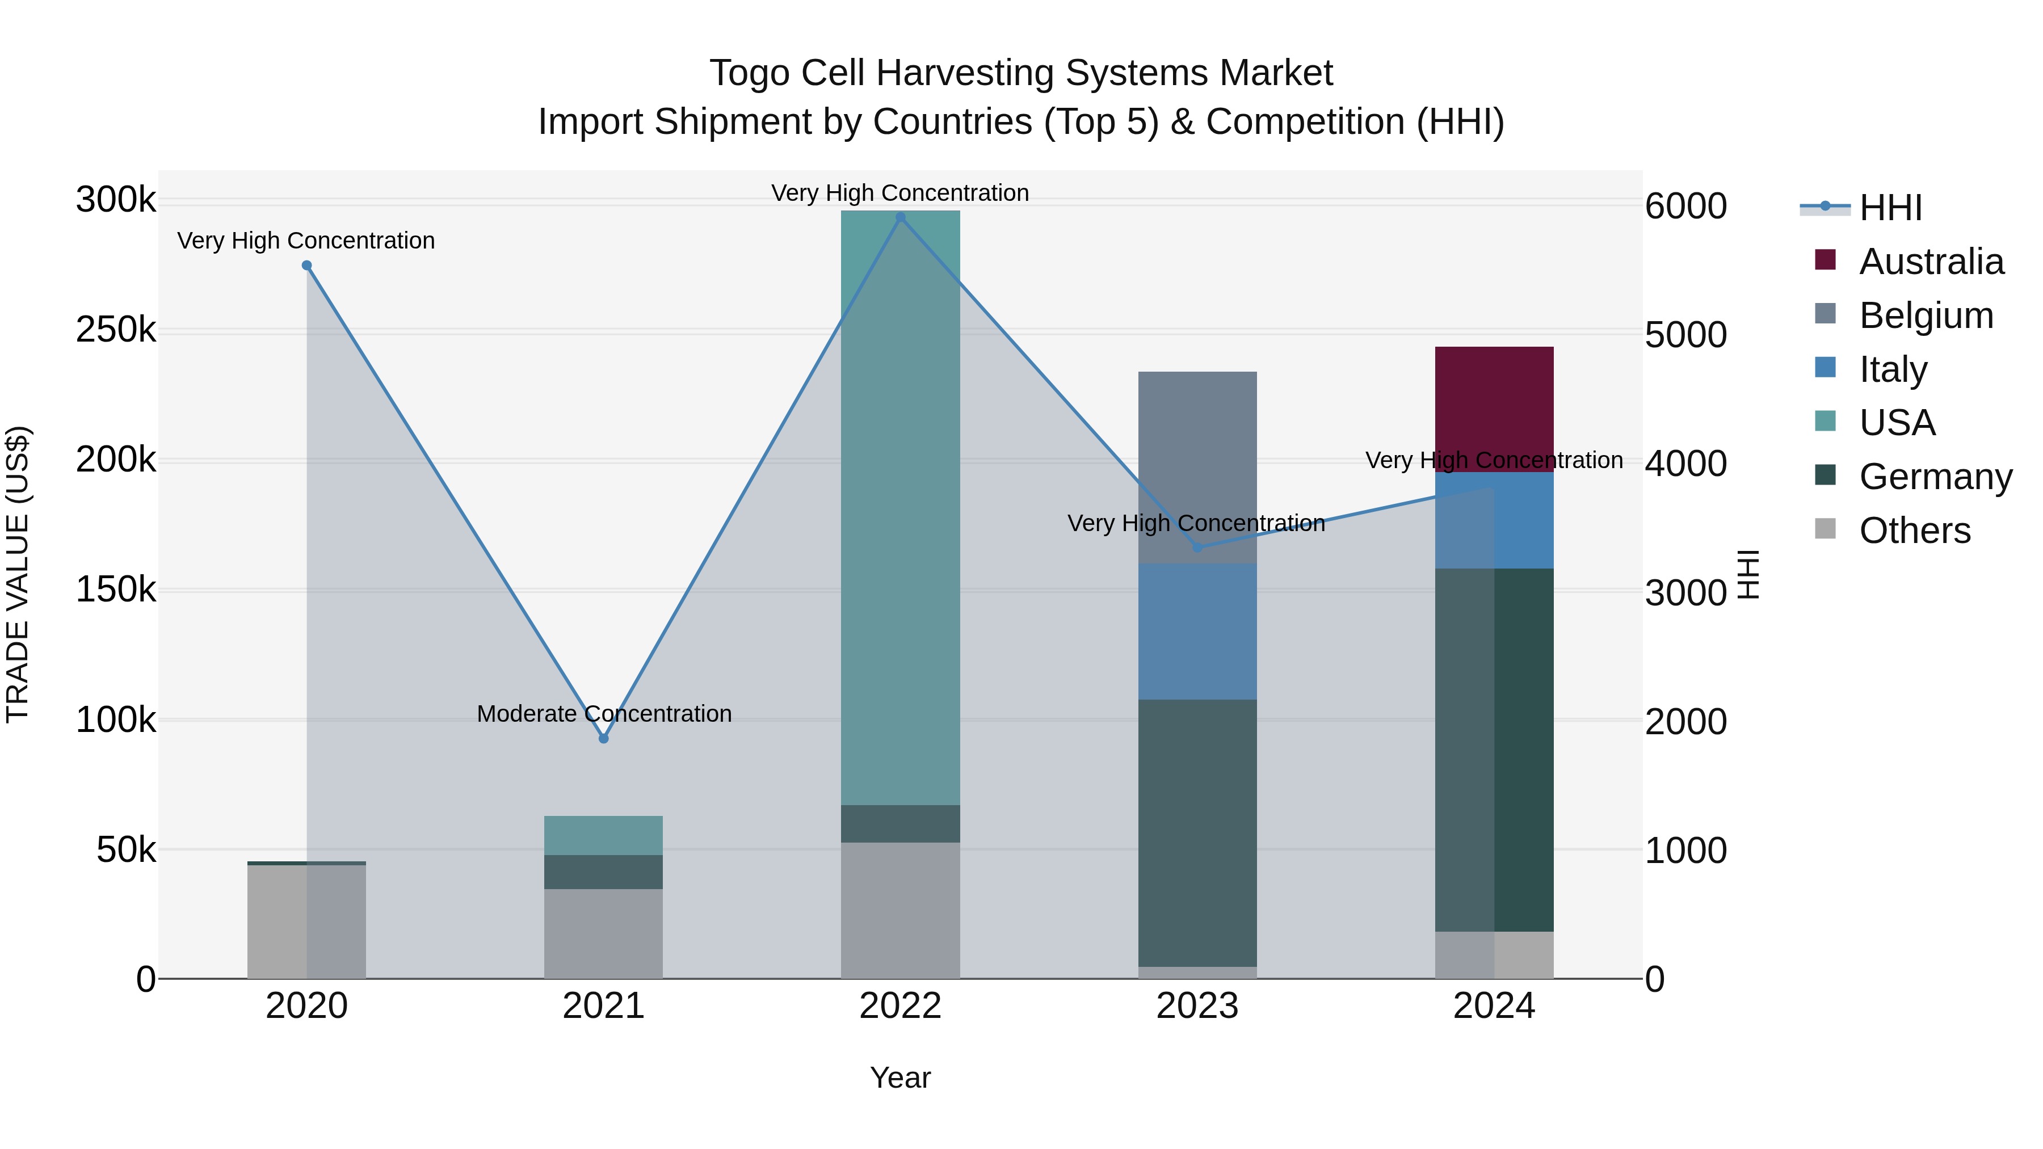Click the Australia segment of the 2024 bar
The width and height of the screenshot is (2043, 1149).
[x=1494, y=409]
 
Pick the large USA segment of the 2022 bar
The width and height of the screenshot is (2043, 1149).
[x=900, y=507]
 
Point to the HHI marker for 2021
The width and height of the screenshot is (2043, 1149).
[x=604, y=738]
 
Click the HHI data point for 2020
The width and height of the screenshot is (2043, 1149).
[x=307, y=266]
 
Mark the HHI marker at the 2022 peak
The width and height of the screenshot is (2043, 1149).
[x=900, y=217]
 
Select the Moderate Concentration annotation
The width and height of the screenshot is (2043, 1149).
[x=604, y=714]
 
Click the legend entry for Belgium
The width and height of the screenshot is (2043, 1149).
[x=1926, y=315]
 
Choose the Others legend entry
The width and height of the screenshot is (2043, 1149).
[x=1915, y=531]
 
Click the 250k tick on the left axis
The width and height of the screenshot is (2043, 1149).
[x=116, y=330]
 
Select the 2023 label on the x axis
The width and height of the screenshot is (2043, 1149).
[x=1197, y=1006]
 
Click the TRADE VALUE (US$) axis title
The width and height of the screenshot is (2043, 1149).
[x=18, y=574]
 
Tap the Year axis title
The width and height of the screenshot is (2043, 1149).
[x=900, y=1078]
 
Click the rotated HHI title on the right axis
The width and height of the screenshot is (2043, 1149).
[x=1748, y=574]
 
